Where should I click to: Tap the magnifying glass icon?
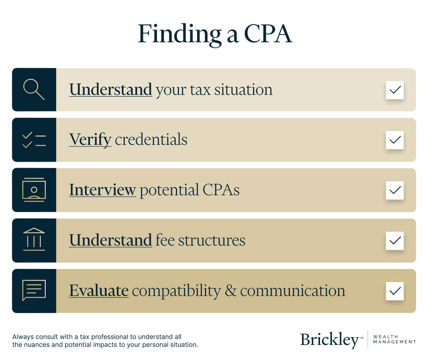pos(34,90)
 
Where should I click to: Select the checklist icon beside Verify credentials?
pos(34,140)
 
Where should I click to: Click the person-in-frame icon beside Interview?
pos(34,190)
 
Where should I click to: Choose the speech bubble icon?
pos(34,290)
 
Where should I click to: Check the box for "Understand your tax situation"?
pos(395,90)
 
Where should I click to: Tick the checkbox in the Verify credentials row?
pos(395,140)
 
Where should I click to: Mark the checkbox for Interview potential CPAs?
pos(395,190)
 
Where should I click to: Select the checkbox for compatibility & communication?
pos(395,291)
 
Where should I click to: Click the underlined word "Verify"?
pos(90,140)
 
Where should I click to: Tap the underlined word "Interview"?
pos(102,190)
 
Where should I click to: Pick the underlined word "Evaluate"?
pos(99,291)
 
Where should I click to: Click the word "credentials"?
pos(151,140)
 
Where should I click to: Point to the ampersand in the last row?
pos(230,291)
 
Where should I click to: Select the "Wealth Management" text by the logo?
pos(394,339)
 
